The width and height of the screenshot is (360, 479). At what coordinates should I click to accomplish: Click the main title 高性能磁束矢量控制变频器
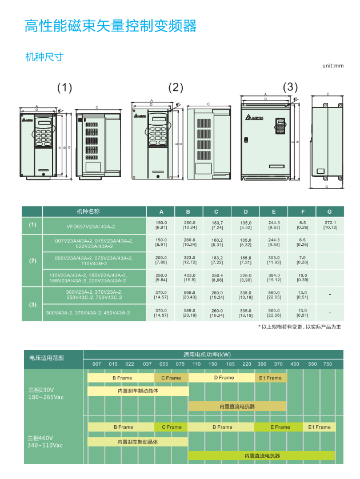(x=110, y=26)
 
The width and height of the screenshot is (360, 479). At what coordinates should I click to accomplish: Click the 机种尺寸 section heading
(x=44, y=57)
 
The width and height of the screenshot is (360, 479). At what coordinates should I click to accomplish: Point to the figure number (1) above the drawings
(x=65, y=87)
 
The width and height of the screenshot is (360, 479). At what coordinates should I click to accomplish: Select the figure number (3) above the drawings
(x=291, y=87)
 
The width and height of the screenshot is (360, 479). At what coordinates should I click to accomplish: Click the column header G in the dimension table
(x=330, y=210)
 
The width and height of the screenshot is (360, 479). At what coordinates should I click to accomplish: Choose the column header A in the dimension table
(x=161, y=210)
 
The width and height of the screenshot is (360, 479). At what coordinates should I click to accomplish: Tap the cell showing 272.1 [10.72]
(x=330, y=225)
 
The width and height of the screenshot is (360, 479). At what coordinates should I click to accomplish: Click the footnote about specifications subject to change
(x=299, y=326)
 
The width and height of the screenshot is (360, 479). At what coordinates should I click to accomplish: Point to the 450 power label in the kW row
(x=294, y=364)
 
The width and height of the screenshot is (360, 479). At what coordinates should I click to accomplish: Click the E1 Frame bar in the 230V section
(x=270, y=378)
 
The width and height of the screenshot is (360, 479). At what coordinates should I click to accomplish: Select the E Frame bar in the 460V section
(x=279, y=427)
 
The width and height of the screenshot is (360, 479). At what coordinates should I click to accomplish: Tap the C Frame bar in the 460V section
(x=171, y=427)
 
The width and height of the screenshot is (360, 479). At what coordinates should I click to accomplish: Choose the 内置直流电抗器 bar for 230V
(x=237, y=406)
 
